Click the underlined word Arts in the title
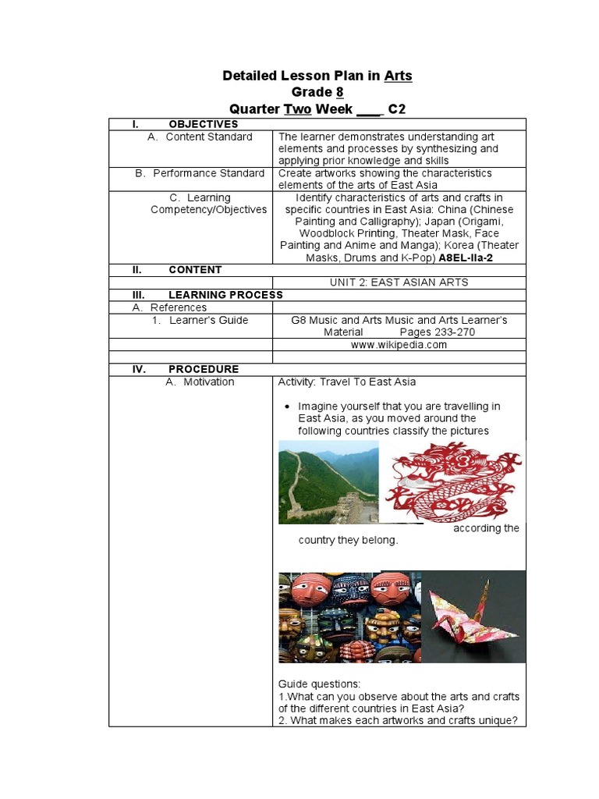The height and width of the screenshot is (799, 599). pos(398,76)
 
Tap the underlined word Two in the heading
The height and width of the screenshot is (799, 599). pos(297,108)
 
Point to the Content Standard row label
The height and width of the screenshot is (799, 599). pos(208,137)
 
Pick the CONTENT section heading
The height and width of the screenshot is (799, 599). pos(195,270)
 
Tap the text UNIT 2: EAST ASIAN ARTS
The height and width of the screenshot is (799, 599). pos(399,282)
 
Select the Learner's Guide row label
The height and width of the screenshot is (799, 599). pos(208,320)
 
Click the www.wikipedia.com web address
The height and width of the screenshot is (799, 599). pos(399,345)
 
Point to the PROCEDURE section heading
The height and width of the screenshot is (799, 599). pos(204,369)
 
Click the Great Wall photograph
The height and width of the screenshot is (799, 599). pos(328,481)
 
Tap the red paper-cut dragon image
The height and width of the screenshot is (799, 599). pos(453,481)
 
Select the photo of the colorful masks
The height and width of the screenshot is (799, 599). pos(349,616)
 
